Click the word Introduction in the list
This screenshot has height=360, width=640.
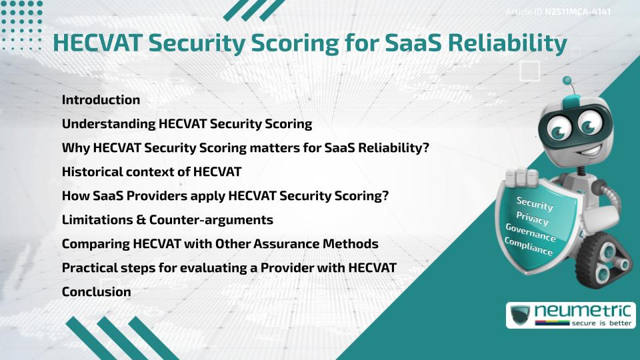coord(101,100)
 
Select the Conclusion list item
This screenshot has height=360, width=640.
coord(96,292)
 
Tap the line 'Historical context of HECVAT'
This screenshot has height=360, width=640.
coord(151,172)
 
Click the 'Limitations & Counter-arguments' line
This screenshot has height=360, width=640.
coord(167,220)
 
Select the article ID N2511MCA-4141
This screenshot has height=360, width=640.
coord(577,12)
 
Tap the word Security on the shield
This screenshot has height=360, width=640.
coord(535,203)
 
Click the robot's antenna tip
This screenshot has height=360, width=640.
coord(568,81)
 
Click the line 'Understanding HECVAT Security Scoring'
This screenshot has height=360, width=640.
coord(187,124)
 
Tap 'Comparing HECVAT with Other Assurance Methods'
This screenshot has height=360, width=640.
coord(220,244)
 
